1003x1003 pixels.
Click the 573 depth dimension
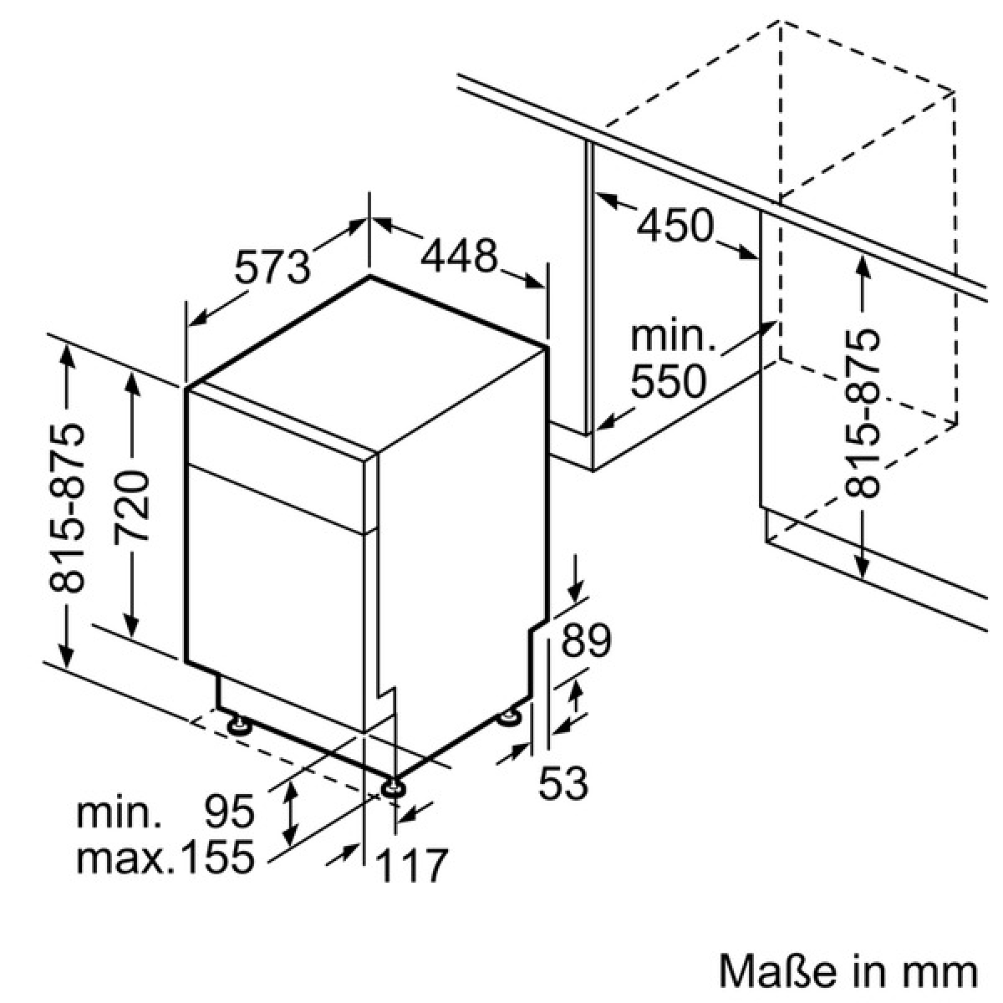coord(272,267)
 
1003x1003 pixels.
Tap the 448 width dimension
coord(459,256)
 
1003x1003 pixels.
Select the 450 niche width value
coord(675,225)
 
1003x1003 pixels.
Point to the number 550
coord(669,381)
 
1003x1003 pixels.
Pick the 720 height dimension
coord(132,506)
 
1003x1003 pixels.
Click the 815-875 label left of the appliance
coord(66,508)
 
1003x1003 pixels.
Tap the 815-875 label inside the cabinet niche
coord(862,414)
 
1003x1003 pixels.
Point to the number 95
coord(230,811)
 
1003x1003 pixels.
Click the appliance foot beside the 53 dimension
coord(508,716)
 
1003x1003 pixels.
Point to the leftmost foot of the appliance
coord(239,726)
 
